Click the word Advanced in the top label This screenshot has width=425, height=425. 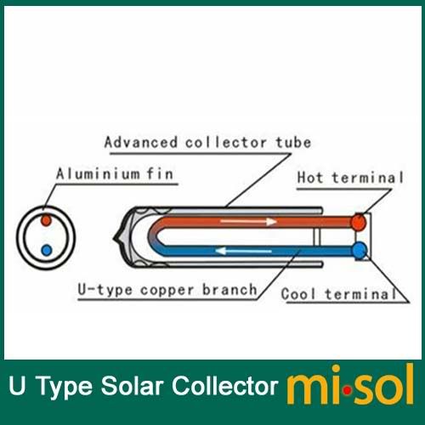click(x=141, y=142)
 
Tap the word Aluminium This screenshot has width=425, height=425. click(x=98, y=173)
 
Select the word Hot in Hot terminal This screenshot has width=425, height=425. click(x=310, y=178)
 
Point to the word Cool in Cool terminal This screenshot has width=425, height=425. click(x=298, y=293)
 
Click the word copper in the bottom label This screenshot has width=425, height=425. click(x=167, y=290)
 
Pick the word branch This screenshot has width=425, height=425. click(x=229, y=289)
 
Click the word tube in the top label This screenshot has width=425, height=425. click(x=293, y=142)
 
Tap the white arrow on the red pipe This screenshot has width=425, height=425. click(x=248, y=221)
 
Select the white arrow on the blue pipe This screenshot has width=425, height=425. click(x=243, y=251)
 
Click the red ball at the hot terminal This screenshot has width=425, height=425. click(x=359, y=222)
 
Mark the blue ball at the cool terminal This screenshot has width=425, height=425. click(x=360, y=251)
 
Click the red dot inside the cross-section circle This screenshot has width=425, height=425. click(x=46, y=220)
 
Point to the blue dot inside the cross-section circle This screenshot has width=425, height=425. click(x=47, y=250)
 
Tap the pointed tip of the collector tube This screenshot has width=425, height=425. click(x=114, y=238)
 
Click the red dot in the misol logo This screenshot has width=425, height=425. click(x=347, y=391)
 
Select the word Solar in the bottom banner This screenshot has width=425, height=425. click(x=132, y=386)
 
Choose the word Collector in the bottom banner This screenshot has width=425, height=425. click(x=225, y=386)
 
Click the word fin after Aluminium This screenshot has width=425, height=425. click(x=160, y=173)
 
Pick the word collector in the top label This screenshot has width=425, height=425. click(x=226, y=142)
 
